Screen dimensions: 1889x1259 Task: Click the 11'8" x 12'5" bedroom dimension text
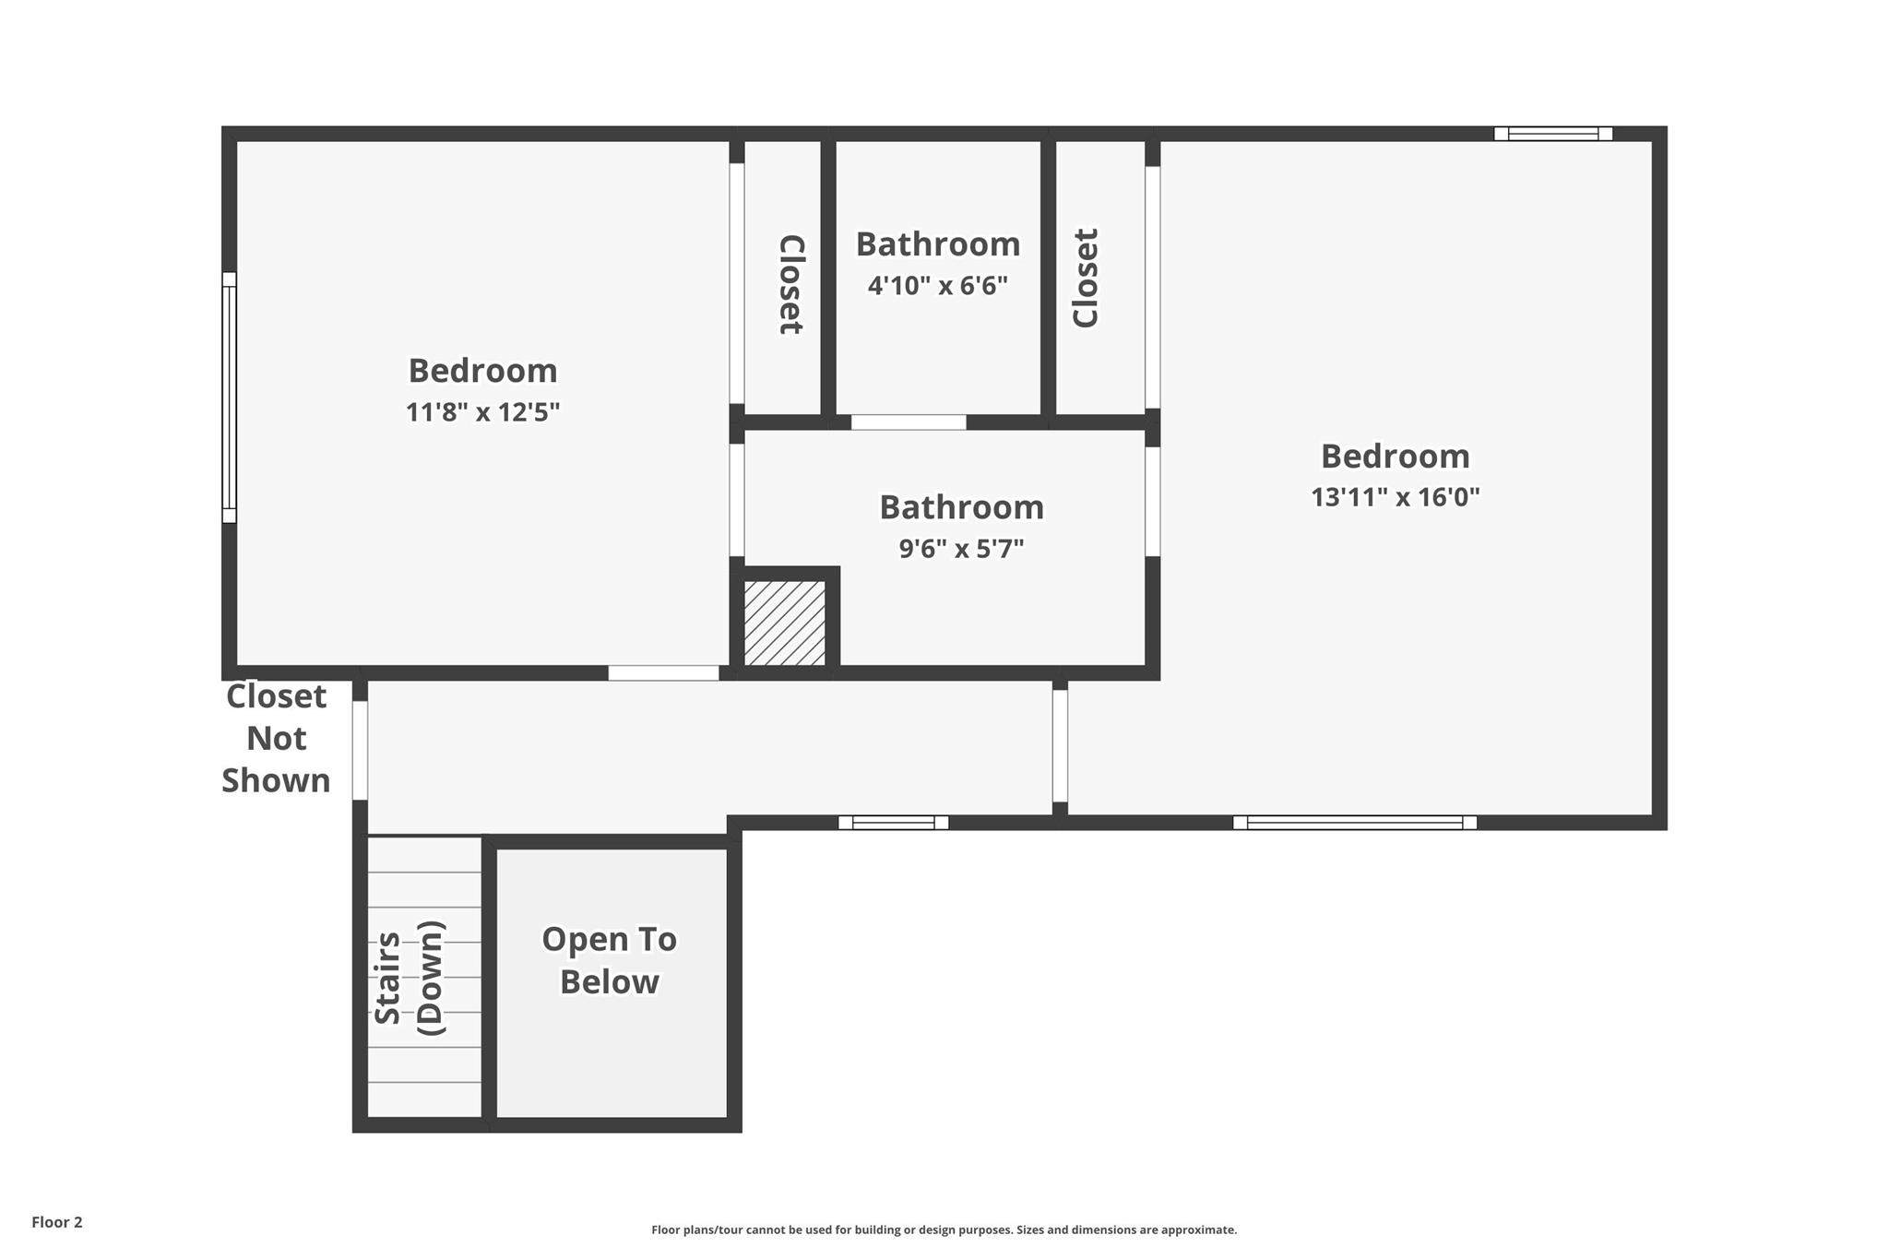tap(483, 411)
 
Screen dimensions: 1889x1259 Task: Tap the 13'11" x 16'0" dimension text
tap(1396, 497)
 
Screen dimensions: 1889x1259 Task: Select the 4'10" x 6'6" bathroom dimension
tap(938, 285)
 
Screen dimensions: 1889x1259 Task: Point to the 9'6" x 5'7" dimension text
tap(962, 549)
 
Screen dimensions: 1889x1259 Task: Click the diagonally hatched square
tap(785, 623)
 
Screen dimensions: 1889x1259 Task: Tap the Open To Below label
tap(610, 960)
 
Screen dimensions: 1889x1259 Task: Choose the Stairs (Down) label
tap(409, 978)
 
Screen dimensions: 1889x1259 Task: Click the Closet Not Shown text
tap(276, 738)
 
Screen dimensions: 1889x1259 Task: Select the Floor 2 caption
tap(57, 1222)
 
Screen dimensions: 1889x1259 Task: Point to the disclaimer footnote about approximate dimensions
tap(944, 1229)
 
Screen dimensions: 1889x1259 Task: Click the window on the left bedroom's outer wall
tap(229, 398)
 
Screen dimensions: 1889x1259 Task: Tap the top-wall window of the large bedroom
tap(1553, 134)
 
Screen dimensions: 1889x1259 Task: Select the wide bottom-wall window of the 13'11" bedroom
tap(1355, 823)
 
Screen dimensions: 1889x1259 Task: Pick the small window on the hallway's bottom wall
tap(893, 823)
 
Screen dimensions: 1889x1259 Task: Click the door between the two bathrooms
tap(909, 422)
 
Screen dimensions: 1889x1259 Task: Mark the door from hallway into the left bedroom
tap(663, 673)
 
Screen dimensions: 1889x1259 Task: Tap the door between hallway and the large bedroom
tap(1061, 746)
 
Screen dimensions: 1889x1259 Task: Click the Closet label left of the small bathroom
tap(791, 284)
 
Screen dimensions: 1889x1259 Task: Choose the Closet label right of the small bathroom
tap(1086, 278)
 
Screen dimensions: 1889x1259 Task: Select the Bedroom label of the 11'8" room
tap(483, 371)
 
